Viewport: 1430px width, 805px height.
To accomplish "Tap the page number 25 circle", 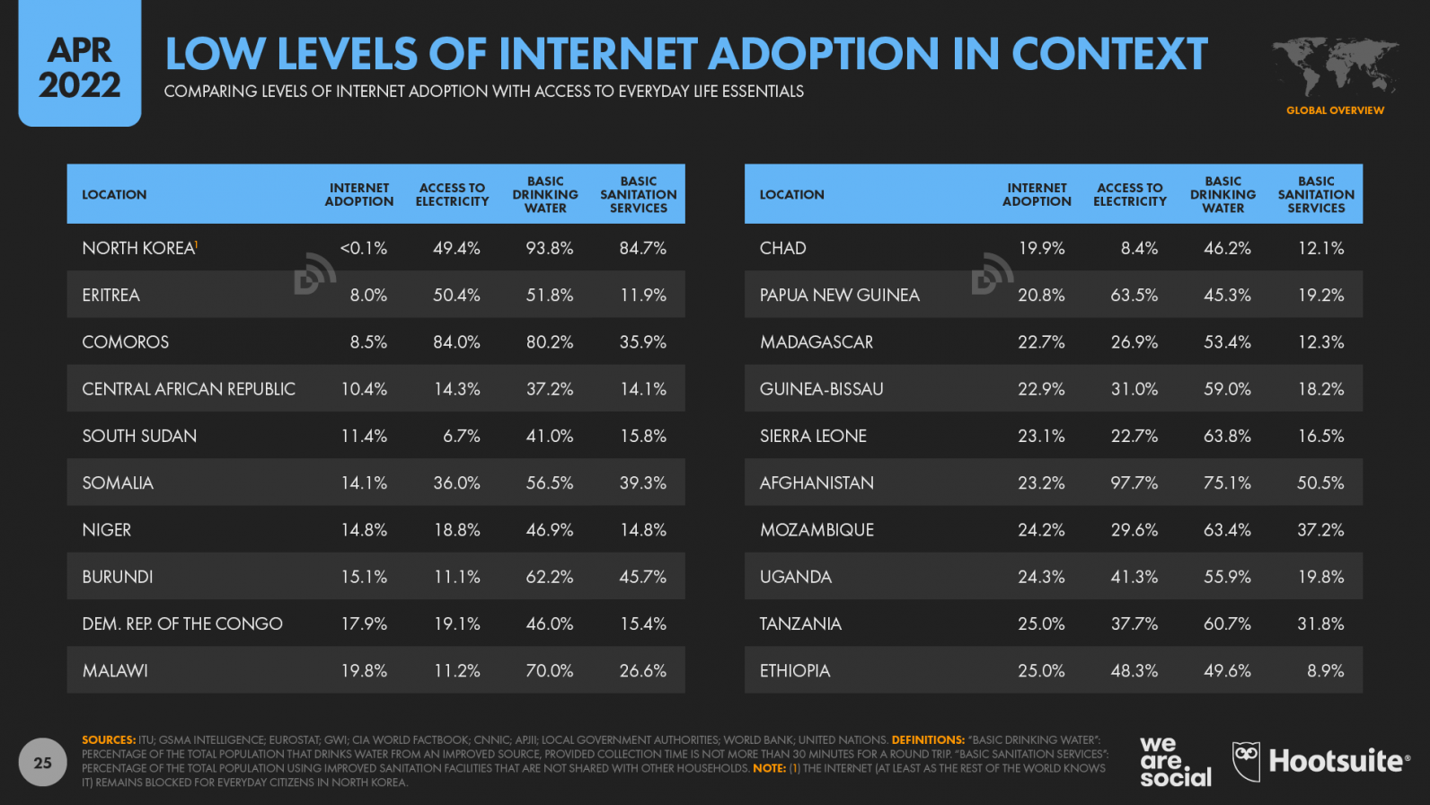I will tap(42, 763).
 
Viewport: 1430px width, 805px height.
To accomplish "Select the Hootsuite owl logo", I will tap(1246, 761).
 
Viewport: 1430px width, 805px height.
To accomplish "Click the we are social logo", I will tap(1174, 762).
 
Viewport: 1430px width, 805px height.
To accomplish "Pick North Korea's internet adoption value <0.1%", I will tap(364, 248).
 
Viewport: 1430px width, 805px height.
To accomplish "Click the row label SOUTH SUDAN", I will tap(139, 436).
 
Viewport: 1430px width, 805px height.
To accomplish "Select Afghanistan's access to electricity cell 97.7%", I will tap(1134, 482).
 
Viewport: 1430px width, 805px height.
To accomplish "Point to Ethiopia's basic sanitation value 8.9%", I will tap(1325, 670).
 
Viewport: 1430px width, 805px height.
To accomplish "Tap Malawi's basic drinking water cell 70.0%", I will tap(549, 670).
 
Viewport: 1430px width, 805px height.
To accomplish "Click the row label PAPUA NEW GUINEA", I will tap(839, 295).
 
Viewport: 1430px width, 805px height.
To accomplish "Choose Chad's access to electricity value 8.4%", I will tap(1138, 248).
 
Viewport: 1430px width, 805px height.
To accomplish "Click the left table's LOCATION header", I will tap(114, 194).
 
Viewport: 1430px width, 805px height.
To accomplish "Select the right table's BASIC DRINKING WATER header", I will tap(1223, 194).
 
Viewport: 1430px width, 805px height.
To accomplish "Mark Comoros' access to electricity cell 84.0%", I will tap(456, 342).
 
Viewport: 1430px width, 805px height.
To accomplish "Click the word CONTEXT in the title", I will tap(1109, 54).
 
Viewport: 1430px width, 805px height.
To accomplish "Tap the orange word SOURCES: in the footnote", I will tap(109, 740).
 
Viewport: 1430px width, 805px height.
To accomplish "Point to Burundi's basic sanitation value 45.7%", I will tap(642, 577).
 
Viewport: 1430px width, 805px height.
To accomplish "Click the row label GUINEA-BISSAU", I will tap(821, 389).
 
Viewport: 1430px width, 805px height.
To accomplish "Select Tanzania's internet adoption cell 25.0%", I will tap(1040, 624).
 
